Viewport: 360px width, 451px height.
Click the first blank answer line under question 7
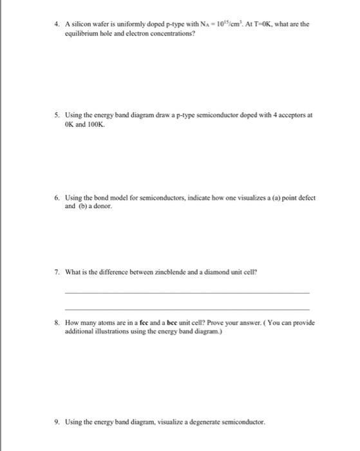(187, 293)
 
